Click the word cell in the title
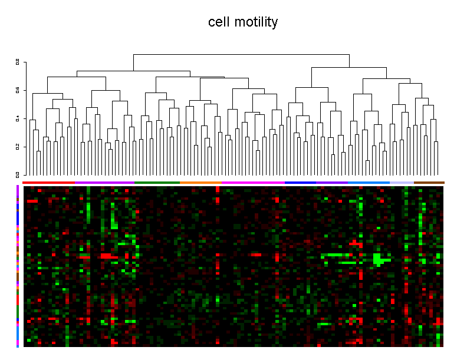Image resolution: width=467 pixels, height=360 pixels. pos(219,22)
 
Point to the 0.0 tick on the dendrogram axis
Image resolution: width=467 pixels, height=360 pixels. pos(18,174)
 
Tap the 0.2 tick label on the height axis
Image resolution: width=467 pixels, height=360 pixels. pos(18,146)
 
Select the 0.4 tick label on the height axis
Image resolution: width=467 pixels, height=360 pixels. pos(18,118)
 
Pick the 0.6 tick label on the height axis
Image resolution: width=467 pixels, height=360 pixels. pos(18,90)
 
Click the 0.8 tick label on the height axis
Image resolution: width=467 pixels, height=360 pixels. pos(18,62)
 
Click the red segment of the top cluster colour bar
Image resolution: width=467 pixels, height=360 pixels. pos(49,183)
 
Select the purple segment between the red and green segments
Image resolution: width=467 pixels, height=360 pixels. pos(104,183)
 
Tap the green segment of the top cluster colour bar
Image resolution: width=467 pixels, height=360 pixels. pos(157,183)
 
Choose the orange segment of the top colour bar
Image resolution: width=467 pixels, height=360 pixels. pos(200,183)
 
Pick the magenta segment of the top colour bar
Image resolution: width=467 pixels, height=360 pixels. pos(253,183)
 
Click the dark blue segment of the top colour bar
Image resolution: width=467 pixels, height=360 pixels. pos(300,183)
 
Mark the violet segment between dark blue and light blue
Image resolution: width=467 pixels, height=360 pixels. pos(331,183)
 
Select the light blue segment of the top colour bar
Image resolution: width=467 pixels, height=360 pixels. pos(369,183)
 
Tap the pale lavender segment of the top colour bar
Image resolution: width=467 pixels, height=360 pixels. pos(402,183)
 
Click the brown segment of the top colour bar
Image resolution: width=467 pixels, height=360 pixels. pos(429,183)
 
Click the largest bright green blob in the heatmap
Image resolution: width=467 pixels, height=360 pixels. pos(378,259)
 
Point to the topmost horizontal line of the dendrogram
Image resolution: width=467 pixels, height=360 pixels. pos(241,54)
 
